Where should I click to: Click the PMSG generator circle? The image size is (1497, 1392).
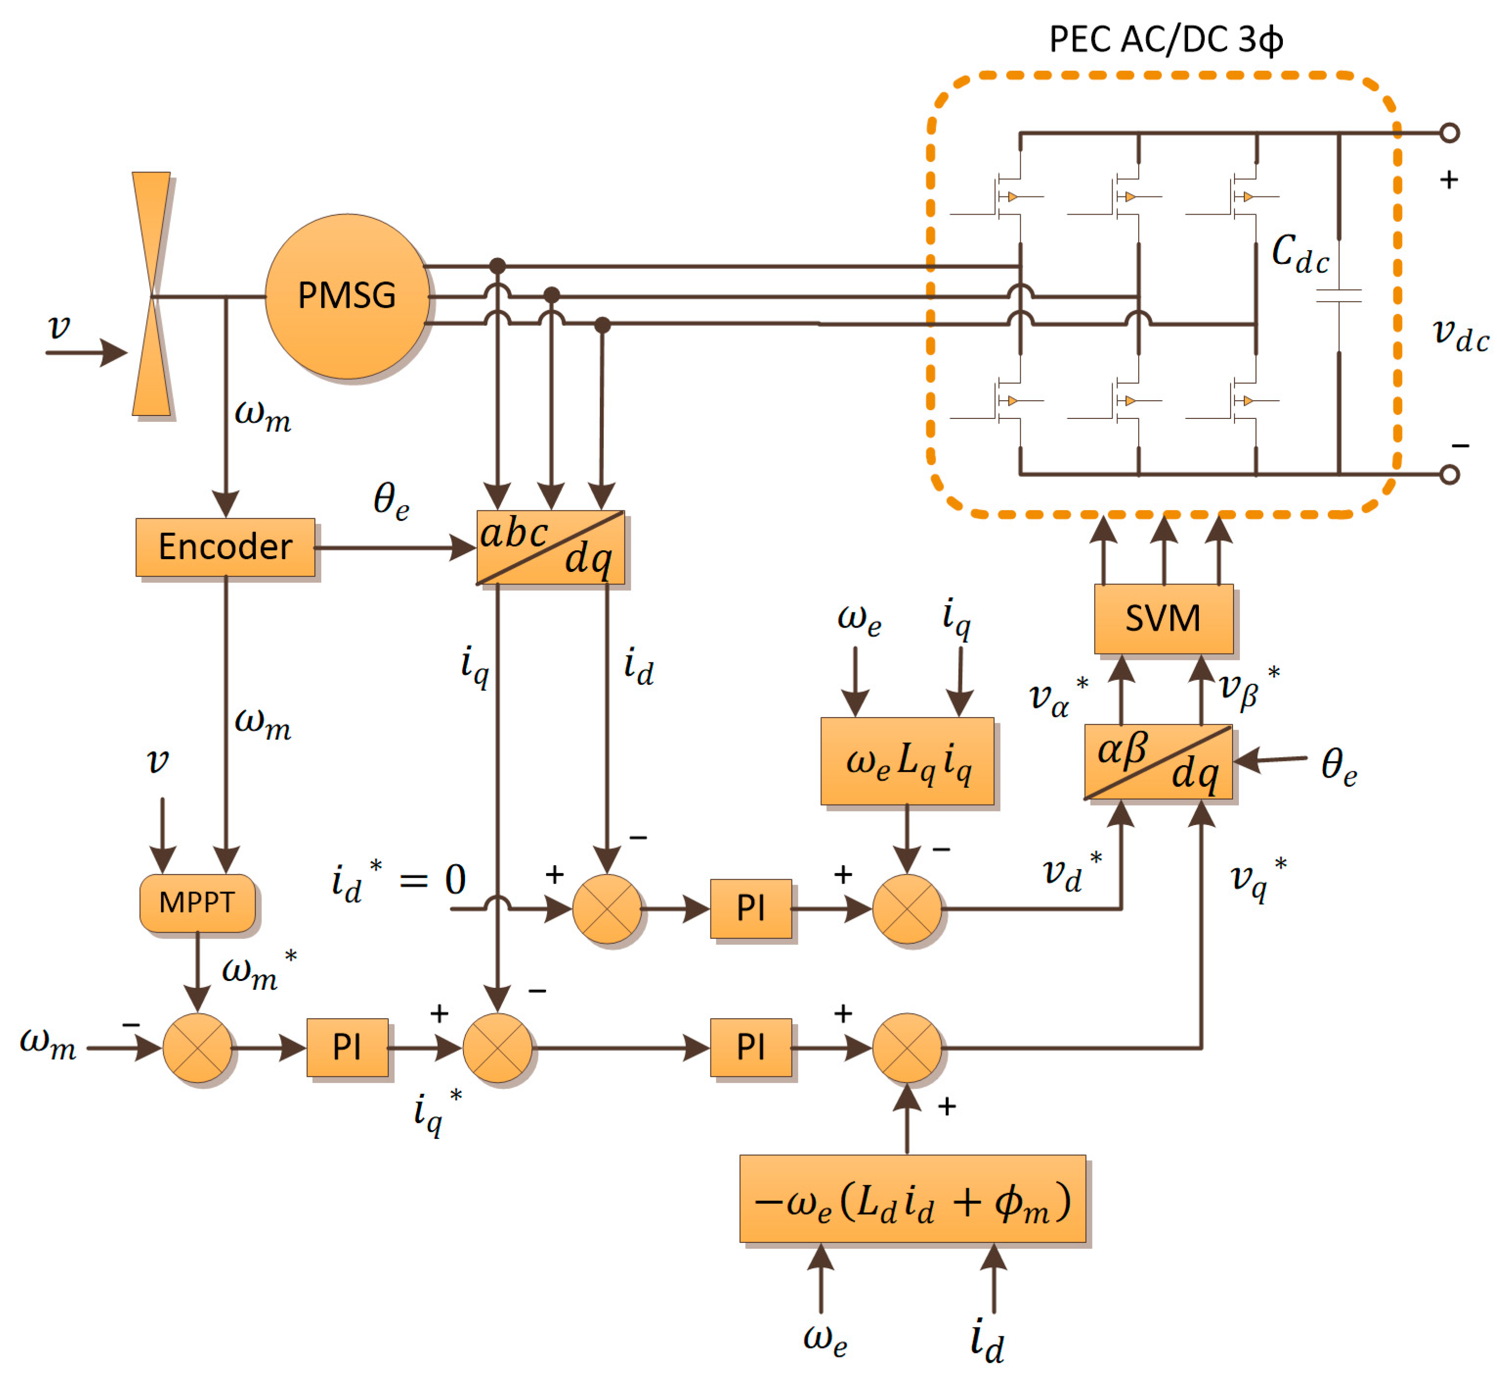click(x=347, y=296)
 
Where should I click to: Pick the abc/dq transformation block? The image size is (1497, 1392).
click(x=550, y=547)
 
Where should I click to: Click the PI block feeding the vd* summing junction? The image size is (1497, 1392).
click(x=751, y=908)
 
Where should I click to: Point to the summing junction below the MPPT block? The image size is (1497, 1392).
click(x=198, y=1047)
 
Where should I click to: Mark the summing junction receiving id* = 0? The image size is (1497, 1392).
click(x=606, y=908)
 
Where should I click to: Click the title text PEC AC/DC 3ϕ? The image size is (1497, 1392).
click(x=1166, y=39)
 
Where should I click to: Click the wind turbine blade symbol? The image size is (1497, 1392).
click(x=152, y=294)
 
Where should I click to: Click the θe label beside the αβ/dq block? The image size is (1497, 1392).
click(x=1339, y=766)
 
